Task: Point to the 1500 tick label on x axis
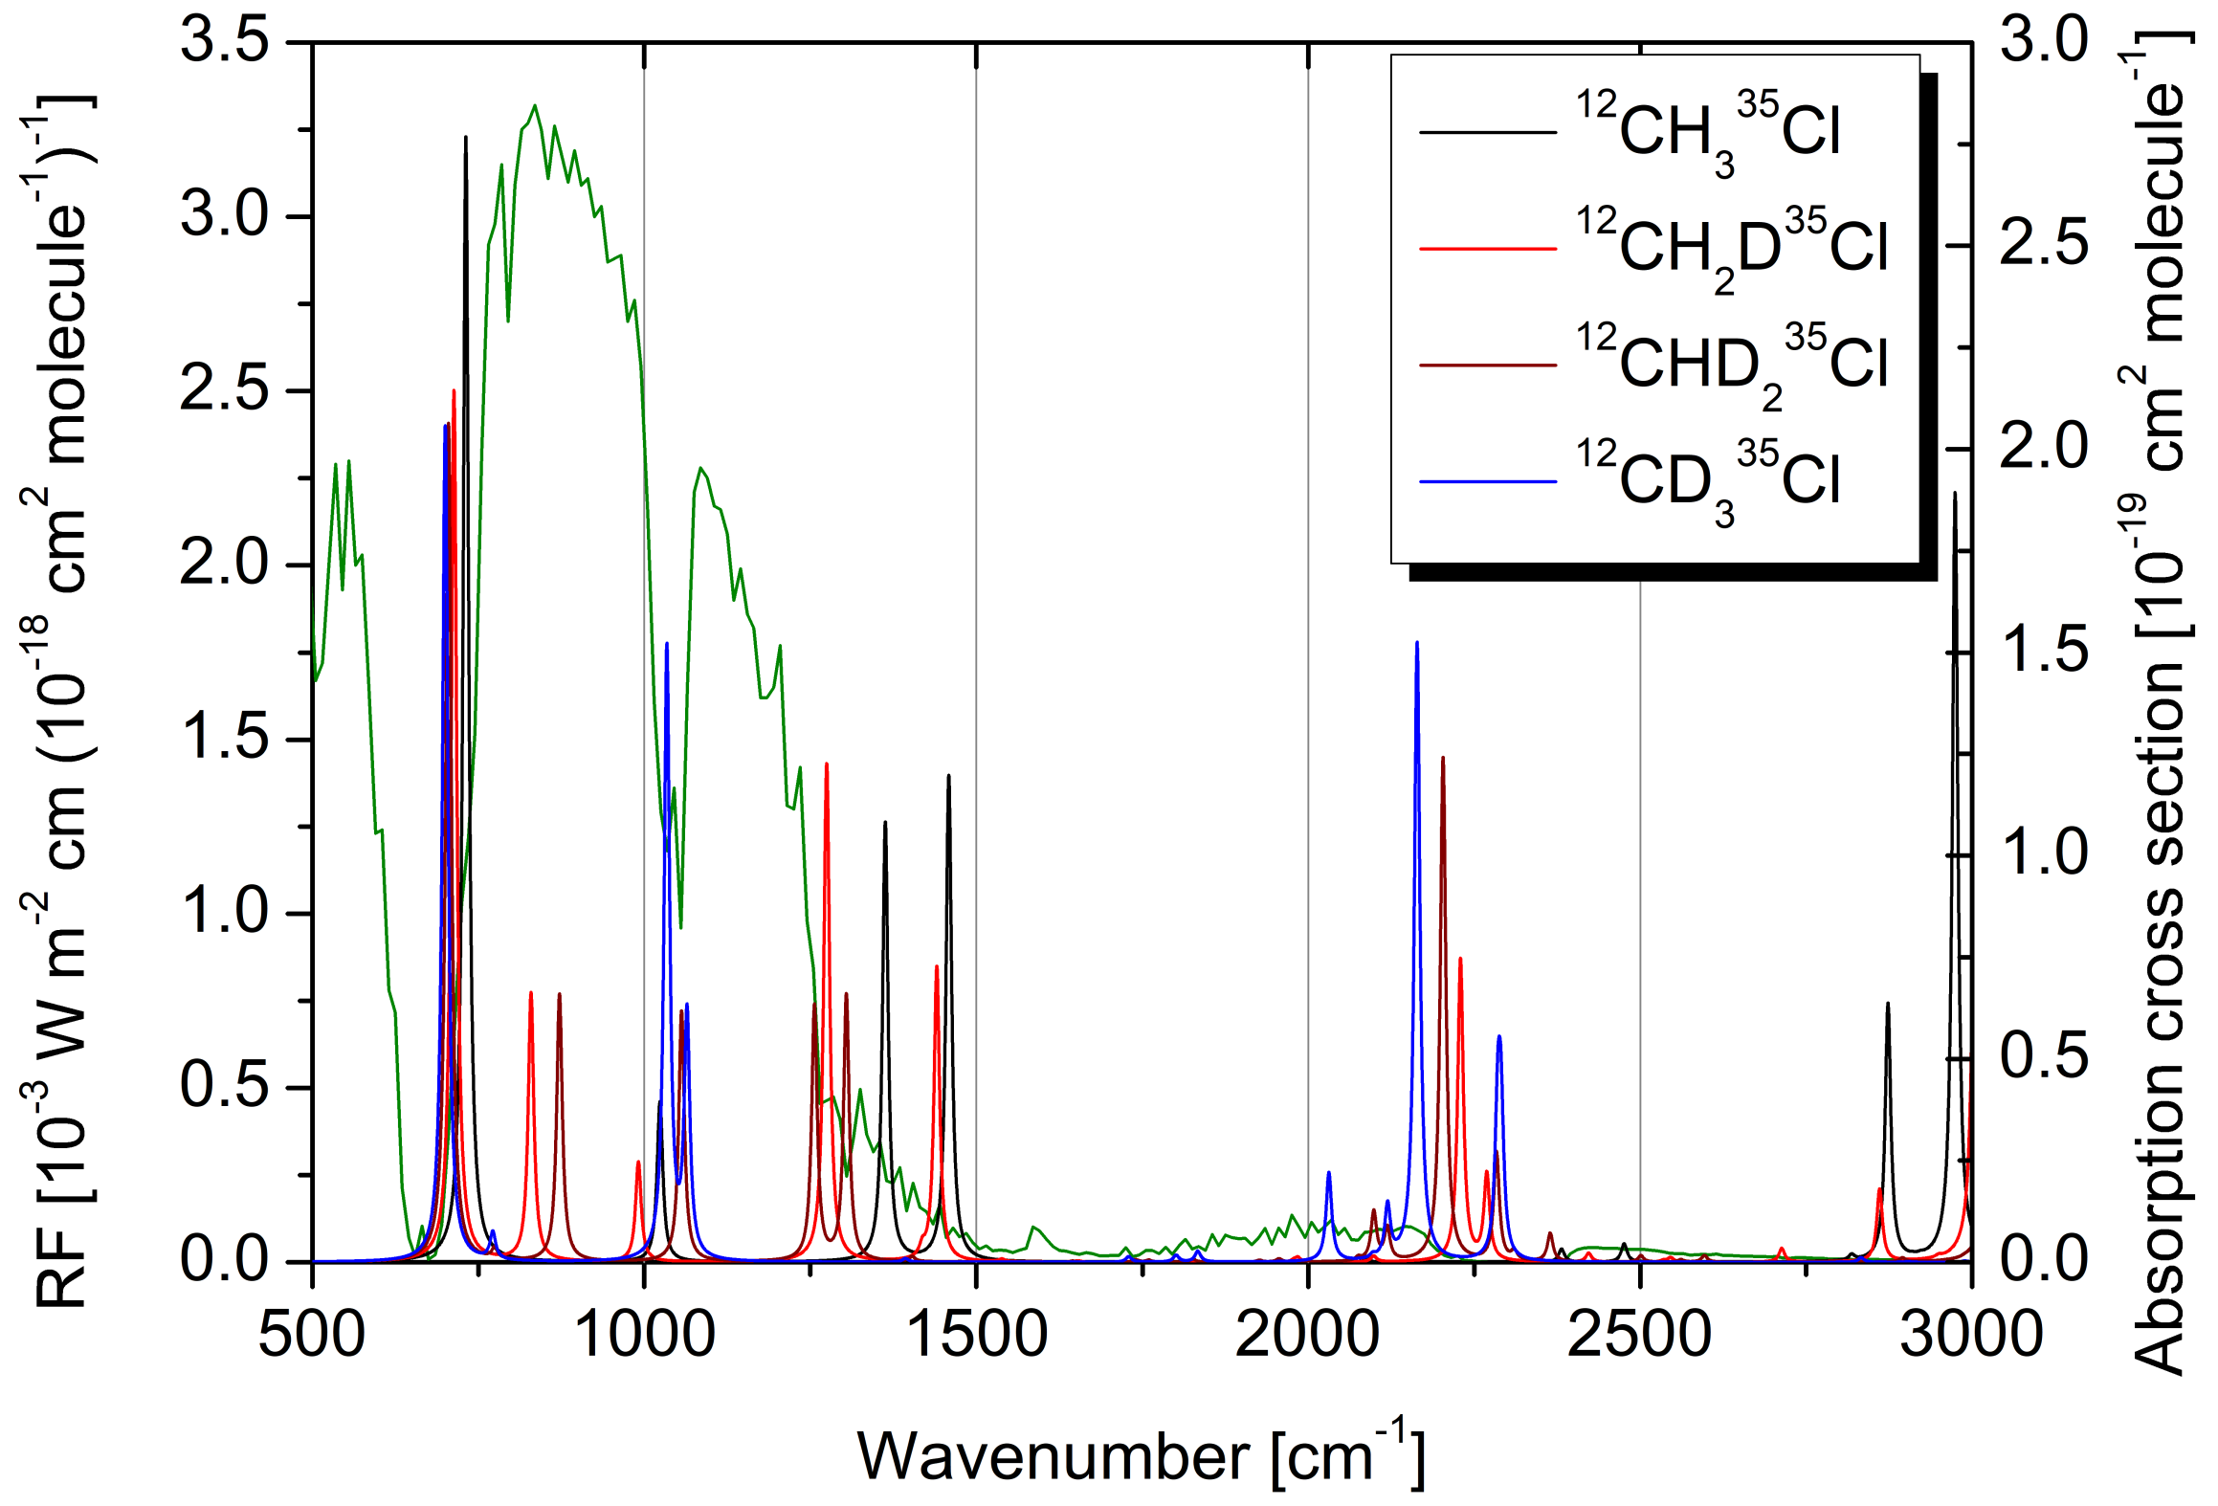click(x=976, y=1334)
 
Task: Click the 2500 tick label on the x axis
click(x=1639, y=1334)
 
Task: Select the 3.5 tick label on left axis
click(x=224, y=42)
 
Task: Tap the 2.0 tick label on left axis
click(x=224, y=565)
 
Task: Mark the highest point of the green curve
click(x=535, y=105)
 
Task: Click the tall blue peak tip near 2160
click(x=1417, y=643)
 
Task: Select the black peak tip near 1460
click(x=948, y=776)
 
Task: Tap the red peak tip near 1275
click(x=826, y=764)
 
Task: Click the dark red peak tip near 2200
click(x=1443, y=758)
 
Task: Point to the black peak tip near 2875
click(x=1888, y=1004)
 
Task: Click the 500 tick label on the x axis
click(x=312, y=1334)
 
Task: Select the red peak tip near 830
click(x=531, y=993)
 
